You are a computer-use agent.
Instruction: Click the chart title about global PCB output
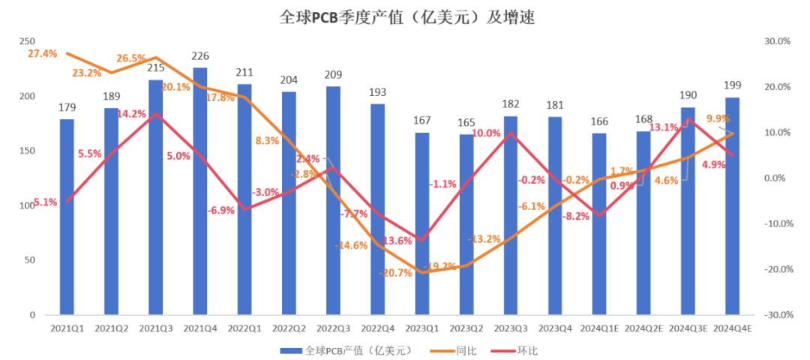pos(404,16)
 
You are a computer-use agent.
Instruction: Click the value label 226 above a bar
pos(200,55)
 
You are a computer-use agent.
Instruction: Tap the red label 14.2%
pos(131,114)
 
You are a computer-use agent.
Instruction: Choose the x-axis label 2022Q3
pos(334,328)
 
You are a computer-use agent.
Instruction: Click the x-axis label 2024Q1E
pos(599,328)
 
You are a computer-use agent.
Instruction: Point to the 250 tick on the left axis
pos(28,42)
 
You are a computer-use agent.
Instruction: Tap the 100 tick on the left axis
pos(28,205)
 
